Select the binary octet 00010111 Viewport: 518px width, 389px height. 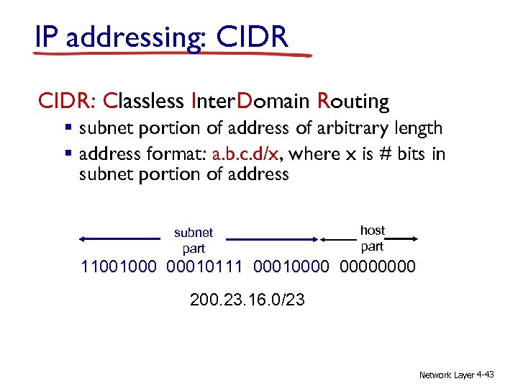[206, 267]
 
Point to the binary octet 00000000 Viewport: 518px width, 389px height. [376, 267]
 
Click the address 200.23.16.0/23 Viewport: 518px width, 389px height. [247, 299]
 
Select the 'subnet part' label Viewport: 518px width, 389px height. [194, 241]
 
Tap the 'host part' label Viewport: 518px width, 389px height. [372, 238]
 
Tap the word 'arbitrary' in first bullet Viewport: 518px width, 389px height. [354, 128]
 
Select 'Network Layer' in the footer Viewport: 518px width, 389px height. [446, 375]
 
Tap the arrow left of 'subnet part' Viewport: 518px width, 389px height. [119, 238]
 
